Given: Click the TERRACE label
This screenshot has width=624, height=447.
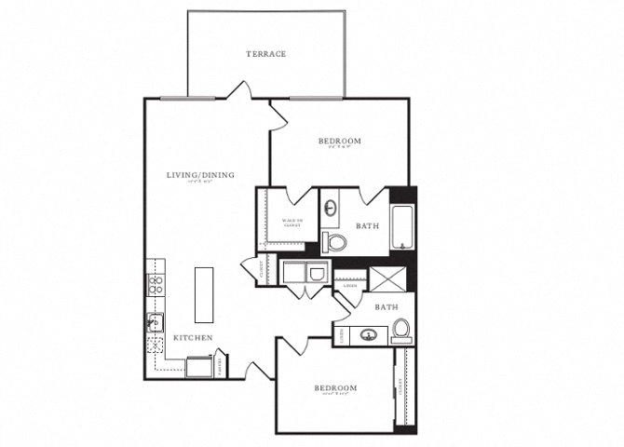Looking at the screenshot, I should point(265,54).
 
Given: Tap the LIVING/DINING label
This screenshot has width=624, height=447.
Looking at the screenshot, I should point(200,175).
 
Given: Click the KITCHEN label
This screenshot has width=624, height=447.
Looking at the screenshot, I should point(193,337).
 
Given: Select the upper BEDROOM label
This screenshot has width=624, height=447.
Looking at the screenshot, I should point(339,142).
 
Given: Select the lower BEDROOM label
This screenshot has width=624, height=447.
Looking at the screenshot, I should point(335,386).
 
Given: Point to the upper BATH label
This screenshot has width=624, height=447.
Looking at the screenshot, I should point(367,225).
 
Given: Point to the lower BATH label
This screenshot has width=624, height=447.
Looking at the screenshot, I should point(386,306).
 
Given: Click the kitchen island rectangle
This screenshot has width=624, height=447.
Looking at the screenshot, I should point(203,293).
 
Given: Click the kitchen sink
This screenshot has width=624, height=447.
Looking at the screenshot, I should point(154,324).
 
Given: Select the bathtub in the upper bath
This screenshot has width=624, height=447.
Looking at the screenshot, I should point(402,227).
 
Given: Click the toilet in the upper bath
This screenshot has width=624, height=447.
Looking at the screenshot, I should point(335,243).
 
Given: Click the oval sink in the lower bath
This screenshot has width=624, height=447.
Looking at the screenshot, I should point(367,334).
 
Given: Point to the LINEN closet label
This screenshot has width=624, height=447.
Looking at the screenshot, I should point(348,286).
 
